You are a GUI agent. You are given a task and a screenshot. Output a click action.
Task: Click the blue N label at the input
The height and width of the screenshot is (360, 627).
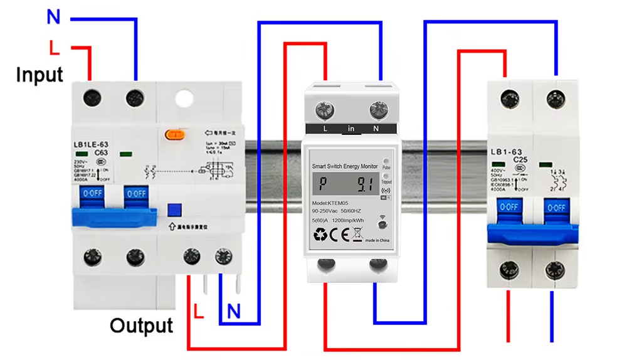(x=53, y=17)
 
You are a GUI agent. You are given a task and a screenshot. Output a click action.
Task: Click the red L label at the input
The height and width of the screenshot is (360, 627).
(x=55, y=48)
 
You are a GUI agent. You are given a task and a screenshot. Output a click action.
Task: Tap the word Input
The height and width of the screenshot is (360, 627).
(x=40, y=75)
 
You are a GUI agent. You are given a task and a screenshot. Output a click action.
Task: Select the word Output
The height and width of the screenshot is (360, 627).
(x=141, y=326)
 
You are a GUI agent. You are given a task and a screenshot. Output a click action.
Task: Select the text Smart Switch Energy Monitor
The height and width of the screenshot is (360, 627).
(x=345, y=166)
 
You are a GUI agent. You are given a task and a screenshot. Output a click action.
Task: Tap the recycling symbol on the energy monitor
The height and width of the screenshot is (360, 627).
(x=320, y=235)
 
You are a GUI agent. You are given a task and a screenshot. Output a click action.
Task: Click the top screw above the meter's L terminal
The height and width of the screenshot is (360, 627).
(x=325, y=112)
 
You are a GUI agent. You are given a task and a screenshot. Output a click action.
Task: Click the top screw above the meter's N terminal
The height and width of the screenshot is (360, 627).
(x=377, y=111)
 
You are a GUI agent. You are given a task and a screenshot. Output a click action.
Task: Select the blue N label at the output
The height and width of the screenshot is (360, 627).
(x=234, y=310)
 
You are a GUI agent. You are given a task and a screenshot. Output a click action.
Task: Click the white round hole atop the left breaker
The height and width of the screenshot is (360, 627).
(x=184, y=98)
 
